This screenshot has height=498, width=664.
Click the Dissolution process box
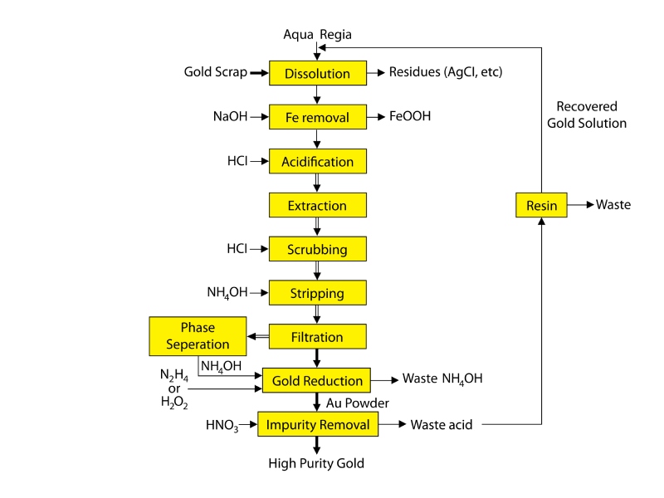click(x=317, y=73)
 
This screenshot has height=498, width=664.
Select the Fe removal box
click(x=317, y=117)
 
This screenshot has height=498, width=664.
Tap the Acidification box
click(x=317, y=161)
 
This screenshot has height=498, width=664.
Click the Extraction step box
click(x=317, y=205)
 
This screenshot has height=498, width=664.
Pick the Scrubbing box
click(x=317, y=249)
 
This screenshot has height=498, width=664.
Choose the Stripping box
click(x=317, y=293)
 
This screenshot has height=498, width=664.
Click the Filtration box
click(x=317, y=337)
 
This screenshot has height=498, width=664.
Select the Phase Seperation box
click(x=198, y=336)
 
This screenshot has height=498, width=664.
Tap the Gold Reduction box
click(x=317, y=381)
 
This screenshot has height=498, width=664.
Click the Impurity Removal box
click(x=317, y=425)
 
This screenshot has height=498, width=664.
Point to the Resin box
click(x=541, y=204)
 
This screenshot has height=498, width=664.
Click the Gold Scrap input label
click(x=215, y=73)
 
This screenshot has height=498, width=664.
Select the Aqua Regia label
click(x=317, y=34)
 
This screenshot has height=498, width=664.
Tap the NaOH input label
click(x=230, y=117)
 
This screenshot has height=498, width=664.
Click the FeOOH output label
click(x=410, y=117)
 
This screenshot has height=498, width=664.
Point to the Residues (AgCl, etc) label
click(x=446, y=73)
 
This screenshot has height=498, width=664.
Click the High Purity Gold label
click(x=316, y=463)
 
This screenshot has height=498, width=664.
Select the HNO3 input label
click(x=222, y=426)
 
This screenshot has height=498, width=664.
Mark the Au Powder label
click(x=358, y=403)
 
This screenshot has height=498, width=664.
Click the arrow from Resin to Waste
click(x=579, y=204)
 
